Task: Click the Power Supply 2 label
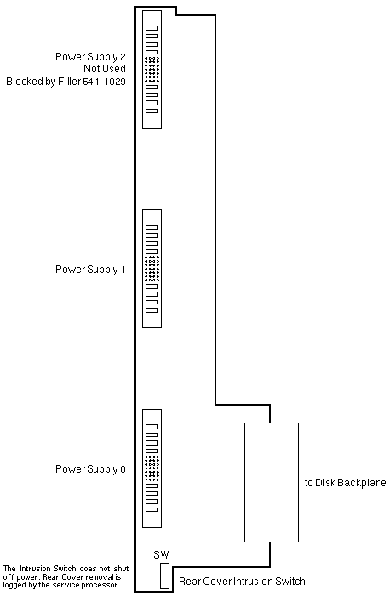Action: pos(90,57)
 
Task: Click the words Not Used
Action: pos(105,69)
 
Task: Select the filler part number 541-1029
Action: pos(104,82)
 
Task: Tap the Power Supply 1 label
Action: pos(90,270)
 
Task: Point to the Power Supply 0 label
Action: pos(90,469)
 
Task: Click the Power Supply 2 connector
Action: pos(152,70)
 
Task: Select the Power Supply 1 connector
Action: pos(152,269)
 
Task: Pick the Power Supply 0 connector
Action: pos(152,468)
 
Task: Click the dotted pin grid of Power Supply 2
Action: pos(152,69)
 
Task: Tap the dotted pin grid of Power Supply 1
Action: pos(152,269)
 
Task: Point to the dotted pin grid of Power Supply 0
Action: pos(152,468)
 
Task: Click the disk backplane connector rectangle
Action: pos(272,482)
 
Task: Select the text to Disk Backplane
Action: pos(346,483)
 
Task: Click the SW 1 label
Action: pos(164,555)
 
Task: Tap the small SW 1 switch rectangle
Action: pos(164,576)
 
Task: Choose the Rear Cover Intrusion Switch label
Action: pos(242,582)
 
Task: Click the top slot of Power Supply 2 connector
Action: pos(152,28)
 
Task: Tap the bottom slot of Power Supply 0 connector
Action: pos(152,510)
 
